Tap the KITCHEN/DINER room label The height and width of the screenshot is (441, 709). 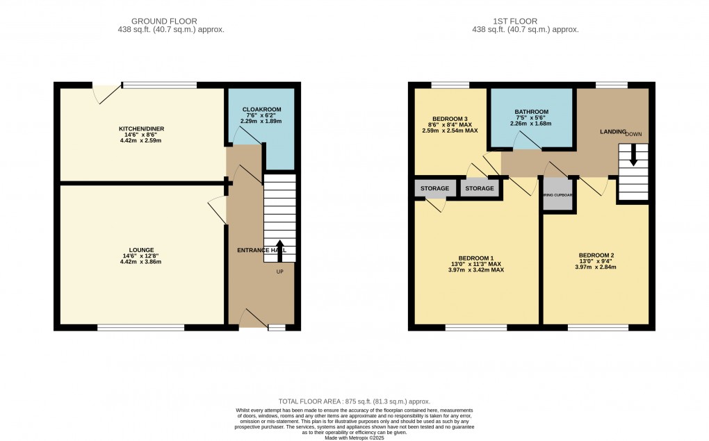[x=141, y=129]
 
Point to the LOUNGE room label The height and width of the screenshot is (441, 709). [x=141, y=250]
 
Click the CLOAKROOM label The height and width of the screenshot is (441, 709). [x=261, y=110]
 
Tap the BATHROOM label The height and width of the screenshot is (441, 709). [x=532, y=112]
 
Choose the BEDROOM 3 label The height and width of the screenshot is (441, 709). [x=450, y=118]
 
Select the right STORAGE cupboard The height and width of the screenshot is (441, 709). [x=480, y=188]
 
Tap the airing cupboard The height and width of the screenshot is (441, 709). [x=557, y=195]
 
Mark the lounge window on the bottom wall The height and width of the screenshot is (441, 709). [x=141, y=327]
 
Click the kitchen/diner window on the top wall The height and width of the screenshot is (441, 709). [x=159, y=85]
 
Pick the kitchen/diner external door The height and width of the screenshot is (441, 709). [x=105, y=90]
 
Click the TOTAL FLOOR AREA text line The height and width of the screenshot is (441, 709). [x=354, y=401]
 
